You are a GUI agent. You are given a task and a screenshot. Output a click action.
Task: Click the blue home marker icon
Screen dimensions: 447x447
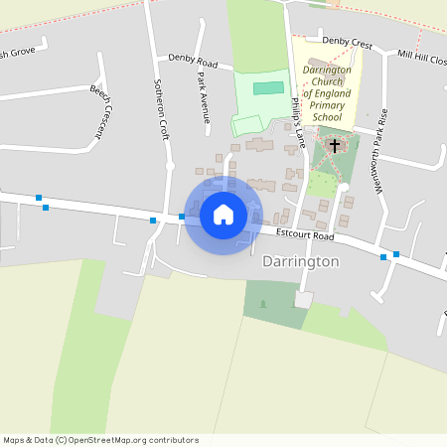coord(223,214)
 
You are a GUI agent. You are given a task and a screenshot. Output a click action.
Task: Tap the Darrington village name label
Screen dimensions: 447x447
coord(301,261)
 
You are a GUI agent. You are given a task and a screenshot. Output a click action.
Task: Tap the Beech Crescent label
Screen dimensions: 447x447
coord(99,110)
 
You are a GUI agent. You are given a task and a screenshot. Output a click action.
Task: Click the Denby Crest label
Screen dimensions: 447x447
coord(347,45)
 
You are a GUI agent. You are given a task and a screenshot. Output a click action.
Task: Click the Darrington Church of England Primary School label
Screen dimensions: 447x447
coord(327,94)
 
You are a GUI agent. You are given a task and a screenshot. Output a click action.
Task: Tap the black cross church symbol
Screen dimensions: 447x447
coord(335,146)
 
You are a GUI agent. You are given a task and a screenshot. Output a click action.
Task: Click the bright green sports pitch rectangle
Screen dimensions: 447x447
coord(267,88)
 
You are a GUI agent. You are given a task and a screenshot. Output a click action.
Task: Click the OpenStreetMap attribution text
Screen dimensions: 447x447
coord(100,440)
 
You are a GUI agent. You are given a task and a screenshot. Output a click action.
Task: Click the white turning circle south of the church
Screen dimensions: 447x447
coord(343,188)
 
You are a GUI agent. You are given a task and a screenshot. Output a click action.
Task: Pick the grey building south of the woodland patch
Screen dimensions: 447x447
coord(303,299)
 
